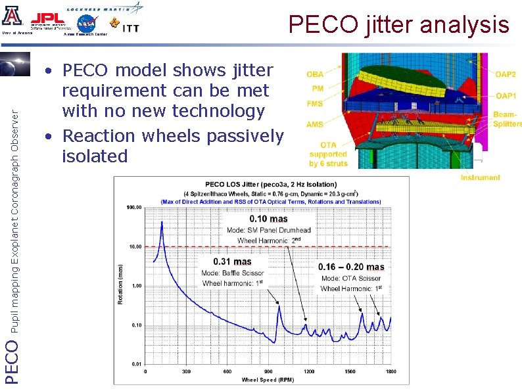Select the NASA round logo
tap(86, 23)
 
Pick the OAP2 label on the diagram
tap(506, 74)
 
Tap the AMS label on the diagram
tap(314, 124)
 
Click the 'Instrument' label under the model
tap(480, 177)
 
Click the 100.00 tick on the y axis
tap(133, 207)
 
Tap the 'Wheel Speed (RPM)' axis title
tap(268, 380)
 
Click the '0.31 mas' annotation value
tap(231, 261)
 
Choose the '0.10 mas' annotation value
tap(269, 219)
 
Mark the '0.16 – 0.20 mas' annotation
tap(351, 267)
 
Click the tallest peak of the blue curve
tap(162, 222)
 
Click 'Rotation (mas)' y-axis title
tap(120, 284)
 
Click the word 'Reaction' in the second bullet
tap(98, 136)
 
